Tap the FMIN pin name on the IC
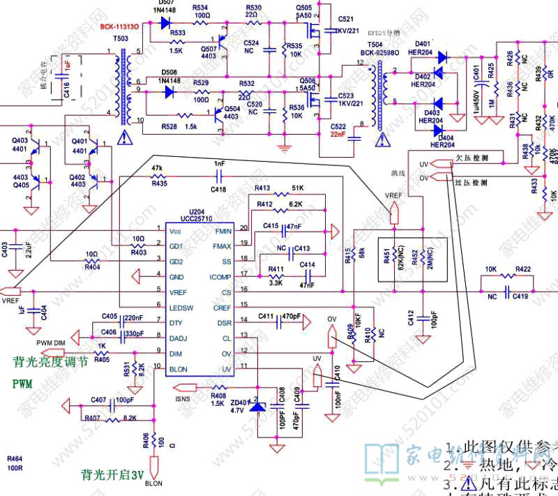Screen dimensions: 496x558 click(x=223, y=230)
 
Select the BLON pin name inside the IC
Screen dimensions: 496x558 click(x=178, y=369)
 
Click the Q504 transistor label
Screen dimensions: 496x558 click(x=233, y=109)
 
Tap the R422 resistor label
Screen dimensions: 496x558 click(x=523, y=269)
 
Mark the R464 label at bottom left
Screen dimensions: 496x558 click(x=15, y=459)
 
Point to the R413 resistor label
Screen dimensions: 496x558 click(x=262, y=188)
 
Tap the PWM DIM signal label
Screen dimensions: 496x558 click(x=50, y=342)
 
